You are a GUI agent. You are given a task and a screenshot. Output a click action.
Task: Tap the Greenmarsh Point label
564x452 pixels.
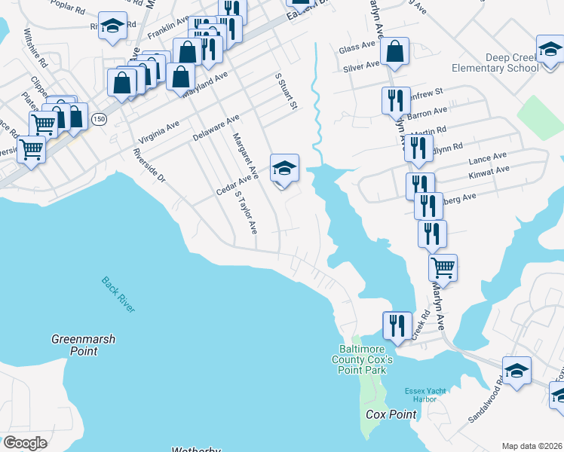coord(83,345)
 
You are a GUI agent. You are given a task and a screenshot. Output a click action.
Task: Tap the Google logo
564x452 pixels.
coord(25,443)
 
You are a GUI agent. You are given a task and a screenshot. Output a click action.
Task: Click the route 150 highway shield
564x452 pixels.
coord(99,119)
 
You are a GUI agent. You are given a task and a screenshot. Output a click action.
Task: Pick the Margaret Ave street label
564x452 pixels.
coord(246,156)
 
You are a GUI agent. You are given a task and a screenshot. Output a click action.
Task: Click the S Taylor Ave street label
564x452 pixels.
coord(246,212)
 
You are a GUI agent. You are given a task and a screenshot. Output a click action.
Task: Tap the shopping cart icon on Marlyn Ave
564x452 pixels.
coord(443,267)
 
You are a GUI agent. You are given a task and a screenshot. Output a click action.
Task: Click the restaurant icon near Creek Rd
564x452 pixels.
coord(397,325)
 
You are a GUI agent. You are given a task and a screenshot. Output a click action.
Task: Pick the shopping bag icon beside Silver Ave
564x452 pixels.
coord(394,52)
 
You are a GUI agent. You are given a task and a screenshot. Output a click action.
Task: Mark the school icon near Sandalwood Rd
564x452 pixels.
coord(517,371)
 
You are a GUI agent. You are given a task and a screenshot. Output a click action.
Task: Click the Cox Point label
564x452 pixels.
coord(391,415)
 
